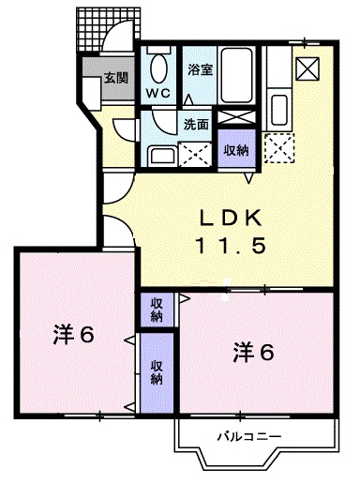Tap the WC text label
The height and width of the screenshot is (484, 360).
pos(157,94)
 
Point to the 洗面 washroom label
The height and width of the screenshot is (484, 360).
pos(195,123)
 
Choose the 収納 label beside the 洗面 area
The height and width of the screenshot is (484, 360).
pos(235,149)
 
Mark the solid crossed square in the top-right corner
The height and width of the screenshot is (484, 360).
pos(306,68)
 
